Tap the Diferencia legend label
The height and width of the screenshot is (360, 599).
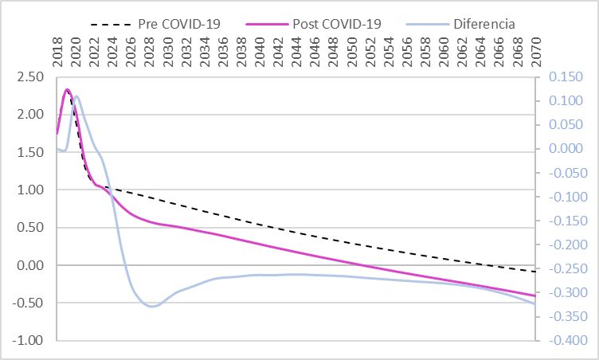point(484,23)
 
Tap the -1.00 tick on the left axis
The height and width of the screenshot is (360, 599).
point(30,341)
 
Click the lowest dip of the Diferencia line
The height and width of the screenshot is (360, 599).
point(151,306)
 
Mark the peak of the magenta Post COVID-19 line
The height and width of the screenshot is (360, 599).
point(67,89)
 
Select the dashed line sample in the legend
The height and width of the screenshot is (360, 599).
point(112,23)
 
